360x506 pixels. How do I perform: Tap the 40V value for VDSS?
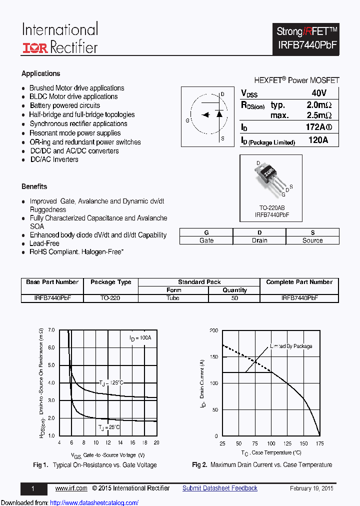tap(318, 93)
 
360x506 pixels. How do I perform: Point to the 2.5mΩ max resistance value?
tap(318, 115)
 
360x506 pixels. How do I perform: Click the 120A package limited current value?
tap(318, 140)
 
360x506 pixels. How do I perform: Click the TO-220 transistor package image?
tap(268, 176)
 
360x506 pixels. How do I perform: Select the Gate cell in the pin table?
tap(206, 240)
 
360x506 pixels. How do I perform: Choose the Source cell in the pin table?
tap(312, 240)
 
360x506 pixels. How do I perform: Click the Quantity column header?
tap(234, 290)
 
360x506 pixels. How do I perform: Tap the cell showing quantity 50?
tap(234, 298)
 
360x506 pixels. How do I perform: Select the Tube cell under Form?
tap(173, 298)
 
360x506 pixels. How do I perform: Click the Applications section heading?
tap(41, 73)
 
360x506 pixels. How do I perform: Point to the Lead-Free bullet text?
tap(44, 243)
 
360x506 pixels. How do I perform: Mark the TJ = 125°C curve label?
tap(110, 383)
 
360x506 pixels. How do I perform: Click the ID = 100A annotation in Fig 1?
tap(140, 338)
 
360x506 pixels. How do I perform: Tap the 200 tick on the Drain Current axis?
tap(213, 330)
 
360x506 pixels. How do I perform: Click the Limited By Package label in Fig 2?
tap(291, 346)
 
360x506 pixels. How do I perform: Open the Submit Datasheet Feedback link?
tap(219, 488)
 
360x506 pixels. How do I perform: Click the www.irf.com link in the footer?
tap(71, 488)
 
